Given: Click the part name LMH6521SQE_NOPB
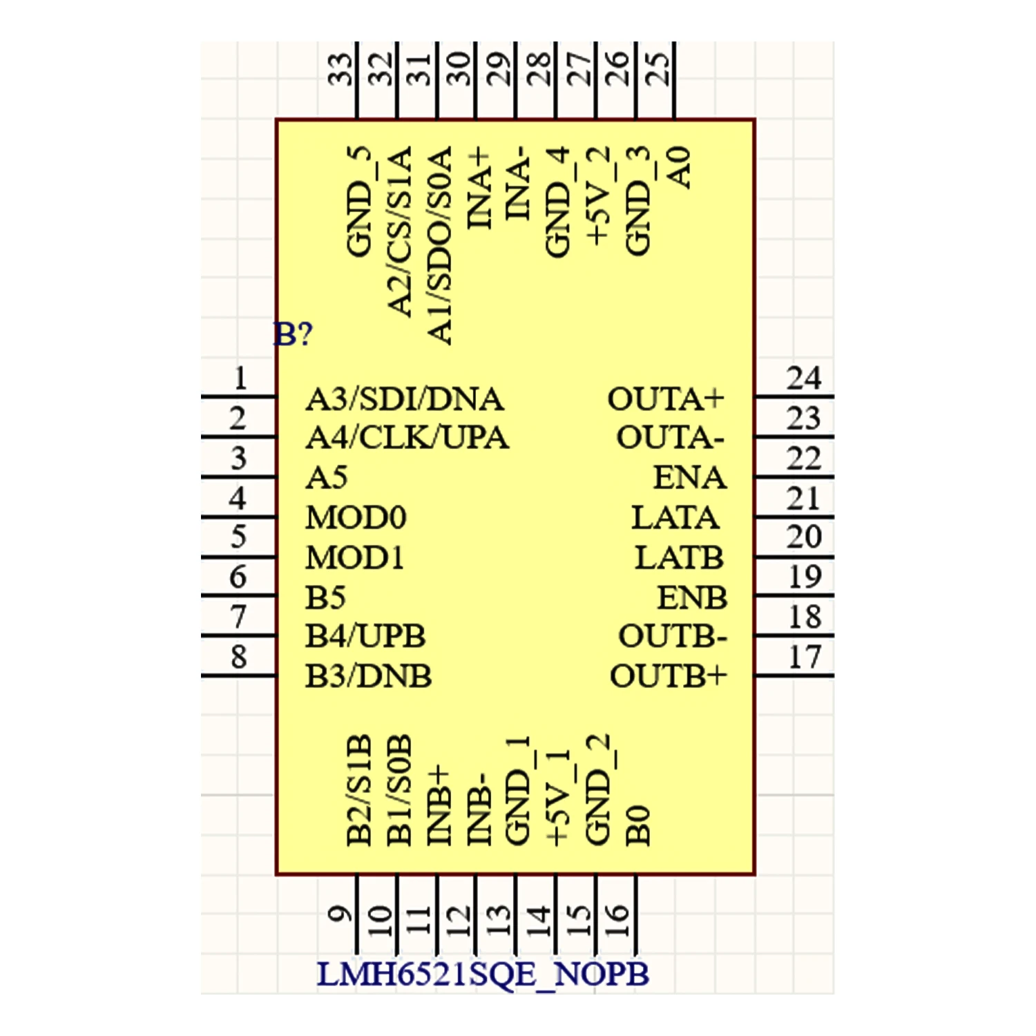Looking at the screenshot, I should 483,975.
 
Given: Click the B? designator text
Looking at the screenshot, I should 294,334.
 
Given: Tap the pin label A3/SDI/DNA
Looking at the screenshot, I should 405,399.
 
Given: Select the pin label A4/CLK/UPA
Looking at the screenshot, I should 407,438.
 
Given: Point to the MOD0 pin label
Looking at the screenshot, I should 356,517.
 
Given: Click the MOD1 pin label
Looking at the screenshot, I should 355,557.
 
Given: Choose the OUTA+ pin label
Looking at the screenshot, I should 666,399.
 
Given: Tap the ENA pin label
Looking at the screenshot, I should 689,478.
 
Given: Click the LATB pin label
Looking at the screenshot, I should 679,557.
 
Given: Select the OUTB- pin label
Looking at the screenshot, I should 672,637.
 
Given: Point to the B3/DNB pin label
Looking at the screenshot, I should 368,676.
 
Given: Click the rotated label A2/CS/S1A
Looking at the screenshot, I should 400,231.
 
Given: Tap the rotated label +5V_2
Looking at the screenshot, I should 599,195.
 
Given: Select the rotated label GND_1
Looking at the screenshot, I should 519,791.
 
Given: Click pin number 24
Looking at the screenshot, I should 804,378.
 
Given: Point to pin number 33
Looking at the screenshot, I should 340,69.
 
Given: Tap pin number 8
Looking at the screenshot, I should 239,657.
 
